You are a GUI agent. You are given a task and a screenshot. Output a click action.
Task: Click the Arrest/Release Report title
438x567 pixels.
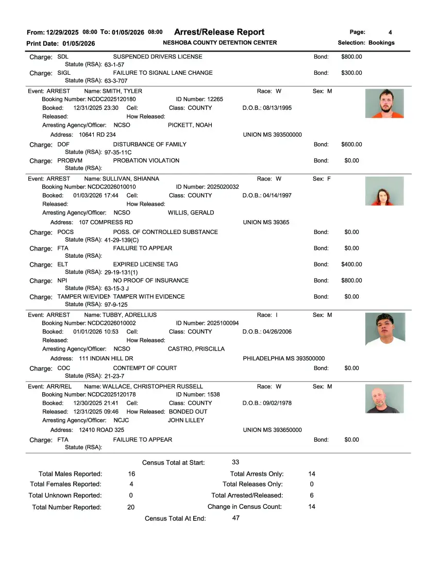[x=219, y=32]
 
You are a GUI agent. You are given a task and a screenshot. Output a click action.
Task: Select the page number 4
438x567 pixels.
[x=390, y=32]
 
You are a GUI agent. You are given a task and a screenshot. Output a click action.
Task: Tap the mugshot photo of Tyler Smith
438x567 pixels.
[x=384, y=104]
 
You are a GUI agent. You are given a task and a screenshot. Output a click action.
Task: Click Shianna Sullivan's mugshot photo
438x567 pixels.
[x=384, y=191]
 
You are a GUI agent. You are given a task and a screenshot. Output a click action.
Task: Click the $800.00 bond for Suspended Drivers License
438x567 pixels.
[x=351, y=57]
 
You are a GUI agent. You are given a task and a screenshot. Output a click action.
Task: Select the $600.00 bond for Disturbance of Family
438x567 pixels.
[x=351, y=144]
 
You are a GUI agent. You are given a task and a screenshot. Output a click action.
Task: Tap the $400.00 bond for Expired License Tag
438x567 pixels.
[x=351, y=264]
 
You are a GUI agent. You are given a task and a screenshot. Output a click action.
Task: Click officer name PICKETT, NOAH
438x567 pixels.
[x=190, y=125]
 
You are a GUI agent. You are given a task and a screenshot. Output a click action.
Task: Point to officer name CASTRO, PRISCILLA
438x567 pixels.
[x=196, y=349]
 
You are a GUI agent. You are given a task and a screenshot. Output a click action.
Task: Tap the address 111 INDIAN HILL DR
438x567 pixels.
[x=106, y=358]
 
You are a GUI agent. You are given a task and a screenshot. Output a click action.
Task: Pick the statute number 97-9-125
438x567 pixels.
[x=116, y=305]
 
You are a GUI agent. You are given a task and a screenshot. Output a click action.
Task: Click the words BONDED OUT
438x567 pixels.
[x=188, y=412]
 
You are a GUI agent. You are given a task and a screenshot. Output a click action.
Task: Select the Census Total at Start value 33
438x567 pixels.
[x=235, y=462]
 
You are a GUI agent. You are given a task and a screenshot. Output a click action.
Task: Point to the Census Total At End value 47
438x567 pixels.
[x=235, y=518]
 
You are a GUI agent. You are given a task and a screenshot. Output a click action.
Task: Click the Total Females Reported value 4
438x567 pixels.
[x=131, y=484]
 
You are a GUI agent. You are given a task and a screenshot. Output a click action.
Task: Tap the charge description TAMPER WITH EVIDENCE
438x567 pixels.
[x=148, y=297]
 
